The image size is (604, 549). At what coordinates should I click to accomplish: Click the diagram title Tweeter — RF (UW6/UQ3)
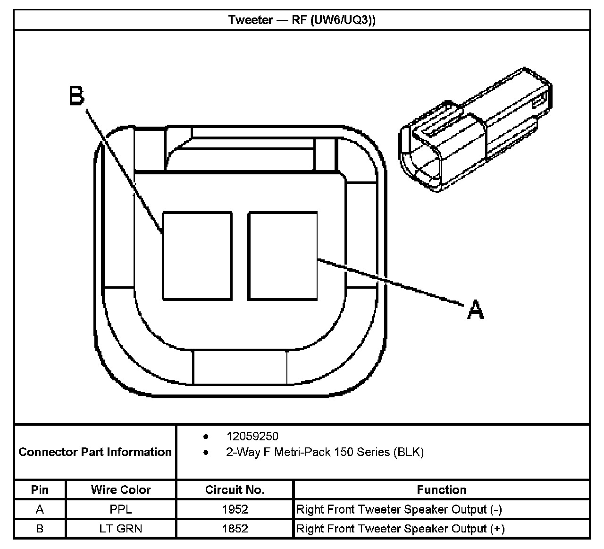(302, 20)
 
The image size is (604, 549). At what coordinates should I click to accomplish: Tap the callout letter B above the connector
(76, 95)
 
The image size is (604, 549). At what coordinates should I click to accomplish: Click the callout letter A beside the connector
(476, 310)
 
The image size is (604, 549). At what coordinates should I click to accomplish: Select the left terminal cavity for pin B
(197, 256)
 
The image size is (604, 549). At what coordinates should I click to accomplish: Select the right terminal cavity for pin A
(283, 256)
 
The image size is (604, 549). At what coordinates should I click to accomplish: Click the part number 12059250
(252, 436)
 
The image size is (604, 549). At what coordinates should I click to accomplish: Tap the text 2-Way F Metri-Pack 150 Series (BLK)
(325, 452)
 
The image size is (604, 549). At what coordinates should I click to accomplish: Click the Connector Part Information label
(95, 452)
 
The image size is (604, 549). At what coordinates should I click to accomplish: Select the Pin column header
(40, 489)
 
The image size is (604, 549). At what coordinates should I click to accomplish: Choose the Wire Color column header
(121, 489)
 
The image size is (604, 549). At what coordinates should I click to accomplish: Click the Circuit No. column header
(235, 489)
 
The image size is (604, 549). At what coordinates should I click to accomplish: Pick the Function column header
(441, 489)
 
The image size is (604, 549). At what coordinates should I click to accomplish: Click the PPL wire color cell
(121, 509)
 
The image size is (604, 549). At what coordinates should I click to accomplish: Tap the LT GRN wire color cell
(121, 528)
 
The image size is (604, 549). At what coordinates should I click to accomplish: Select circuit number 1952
(235, 509)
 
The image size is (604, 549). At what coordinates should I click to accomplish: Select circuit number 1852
(235, 528)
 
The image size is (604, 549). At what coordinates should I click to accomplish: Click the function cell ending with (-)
(399, 509)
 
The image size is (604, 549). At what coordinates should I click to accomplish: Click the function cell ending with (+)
(400, 528)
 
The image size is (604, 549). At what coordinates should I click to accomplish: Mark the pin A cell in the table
(40, 509)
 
